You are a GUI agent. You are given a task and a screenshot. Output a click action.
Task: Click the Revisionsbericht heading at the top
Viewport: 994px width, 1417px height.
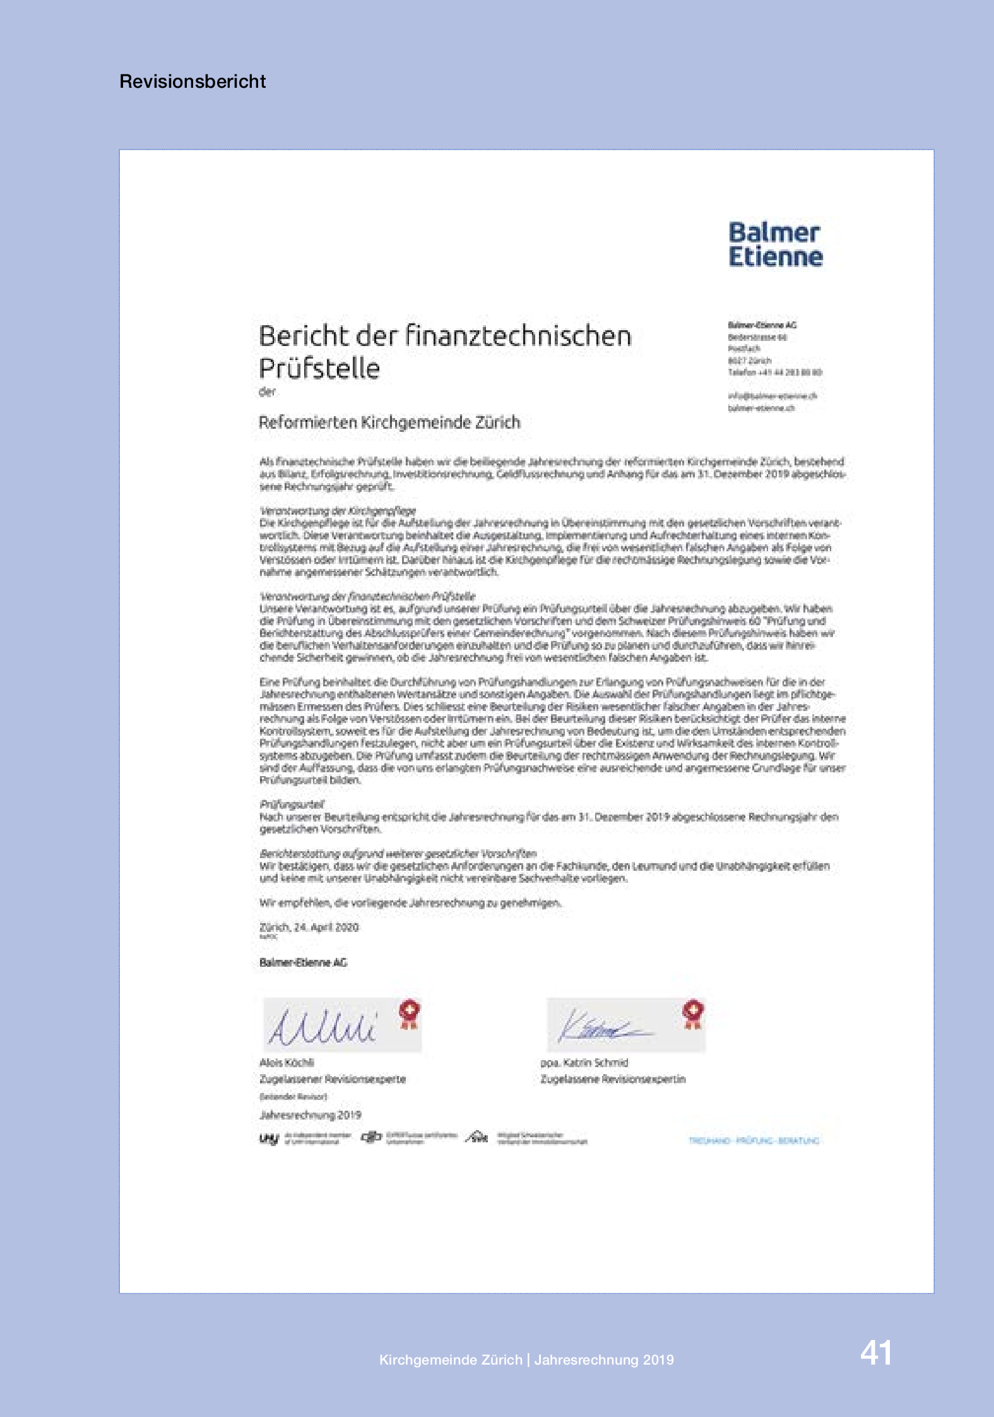click(192, 81)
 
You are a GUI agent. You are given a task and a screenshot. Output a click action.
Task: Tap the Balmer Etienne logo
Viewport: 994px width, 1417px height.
click(776, 245)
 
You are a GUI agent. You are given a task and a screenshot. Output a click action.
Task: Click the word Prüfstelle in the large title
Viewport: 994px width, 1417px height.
click(319, 369)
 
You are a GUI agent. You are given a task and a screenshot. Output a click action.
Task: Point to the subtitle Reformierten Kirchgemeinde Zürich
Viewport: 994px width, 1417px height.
click(389, 422)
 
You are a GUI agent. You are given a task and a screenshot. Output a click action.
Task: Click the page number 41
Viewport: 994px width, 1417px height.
click(876, 1354)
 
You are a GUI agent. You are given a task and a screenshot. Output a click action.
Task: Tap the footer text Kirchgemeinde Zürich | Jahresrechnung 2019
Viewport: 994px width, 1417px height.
click(526, 1360)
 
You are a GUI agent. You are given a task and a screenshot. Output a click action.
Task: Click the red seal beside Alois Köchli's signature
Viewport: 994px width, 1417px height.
click(410, 1013)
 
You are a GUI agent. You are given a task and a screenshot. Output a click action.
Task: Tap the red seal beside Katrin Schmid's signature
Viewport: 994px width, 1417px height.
click(693, 1013)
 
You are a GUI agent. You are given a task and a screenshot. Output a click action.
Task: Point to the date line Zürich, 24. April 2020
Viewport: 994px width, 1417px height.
click(309, 927)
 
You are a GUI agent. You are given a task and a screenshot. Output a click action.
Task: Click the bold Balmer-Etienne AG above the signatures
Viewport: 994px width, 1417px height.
click(303, 962)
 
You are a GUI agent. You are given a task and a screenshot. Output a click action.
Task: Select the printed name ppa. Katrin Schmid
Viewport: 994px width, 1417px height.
click(584, 1063)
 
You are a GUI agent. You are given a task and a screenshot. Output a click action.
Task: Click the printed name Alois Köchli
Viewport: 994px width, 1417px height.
click(287, 1063)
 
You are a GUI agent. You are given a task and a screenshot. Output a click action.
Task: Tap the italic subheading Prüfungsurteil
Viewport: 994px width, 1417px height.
click(292, 804)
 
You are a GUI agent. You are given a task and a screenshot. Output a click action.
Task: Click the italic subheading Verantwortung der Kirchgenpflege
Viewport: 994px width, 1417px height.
click(338, 511)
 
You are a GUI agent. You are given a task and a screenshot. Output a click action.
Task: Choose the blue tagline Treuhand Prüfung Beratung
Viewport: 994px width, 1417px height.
click(754, 1140)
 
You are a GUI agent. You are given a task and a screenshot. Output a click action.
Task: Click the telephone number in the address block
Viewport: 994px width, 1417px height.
click(775, 373)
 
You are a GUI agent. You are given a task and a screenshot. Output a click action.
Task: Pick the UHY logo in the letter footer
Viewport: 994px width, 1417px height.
click(269, 1139)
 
